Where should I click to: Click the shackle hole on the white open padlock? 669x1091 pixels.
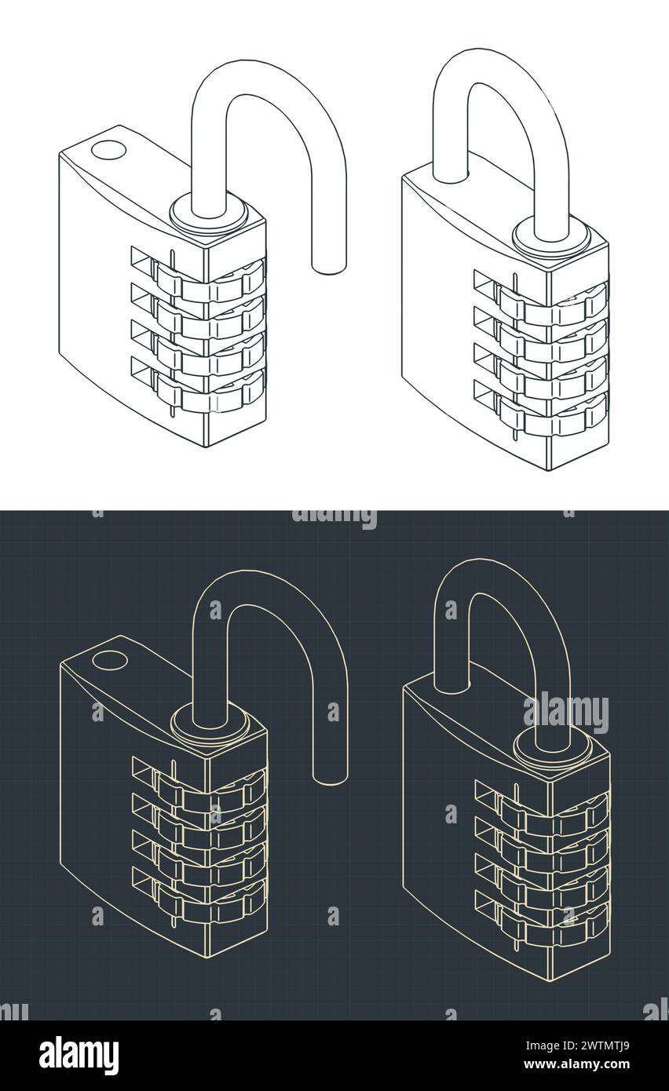[108, 148]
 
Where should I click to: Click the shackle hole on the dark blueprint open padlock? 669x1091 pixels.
[109, 660]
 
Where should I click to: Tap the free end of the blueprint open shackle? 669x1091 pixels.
[331, 776]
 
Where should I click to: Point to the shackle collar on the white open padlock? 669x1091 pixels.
[209, 215]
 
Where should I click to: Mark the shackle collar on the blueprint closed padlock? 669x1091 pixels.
[553, 749]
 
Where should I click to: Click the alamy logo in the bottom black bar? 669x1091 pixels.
[79, 1056]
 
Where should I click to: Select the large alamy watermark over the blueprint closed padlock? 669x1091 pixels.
[566, 713]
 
